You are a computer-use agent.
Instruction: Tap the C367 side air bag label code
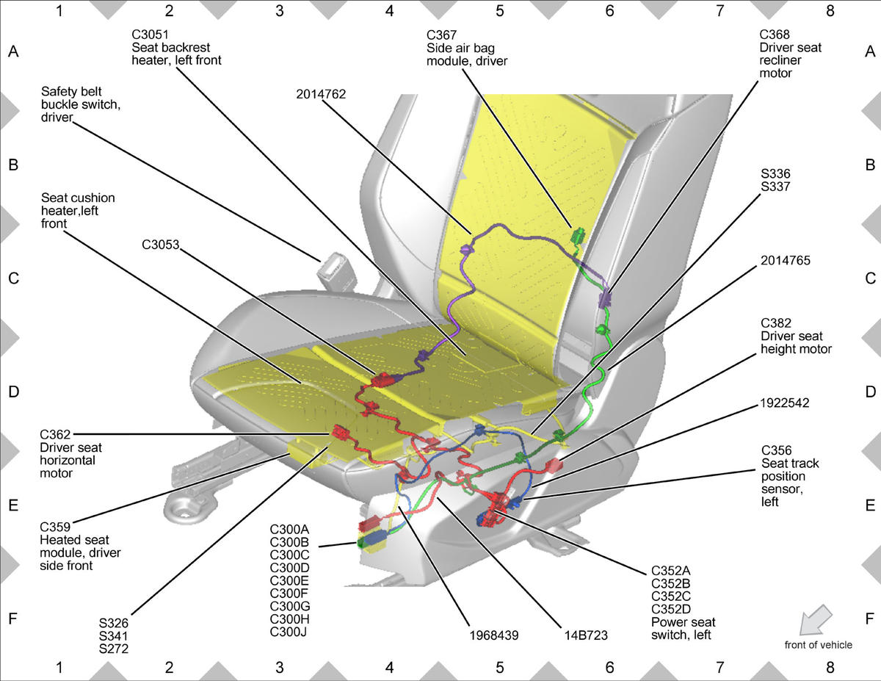pyautogui.click(x=442, y=35)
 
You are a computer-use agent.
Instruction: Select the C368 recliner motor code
pyautogui.click(x=775, y=35)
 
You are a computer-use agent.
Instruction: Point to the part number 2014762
pyautogui.click(x=321, y=94)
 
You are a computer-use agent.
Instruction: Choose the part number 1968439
pyautogui.click(x=494, y=635)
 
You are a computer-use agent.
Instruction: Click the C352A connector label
pyautogui.click(x=671, y=571)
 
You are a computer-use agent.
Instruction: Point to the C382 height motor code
pyautogui.click(x=776, y=323)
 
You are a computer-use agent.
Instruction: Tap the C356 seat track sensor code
pyautogui.click(x=777, y=450)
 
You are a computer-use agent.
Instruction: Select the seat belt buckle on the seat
pyautogui.click(x=336, y=265)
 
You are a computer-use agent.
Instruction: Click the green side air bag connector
pyautogui.click(x=579, y=236)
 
